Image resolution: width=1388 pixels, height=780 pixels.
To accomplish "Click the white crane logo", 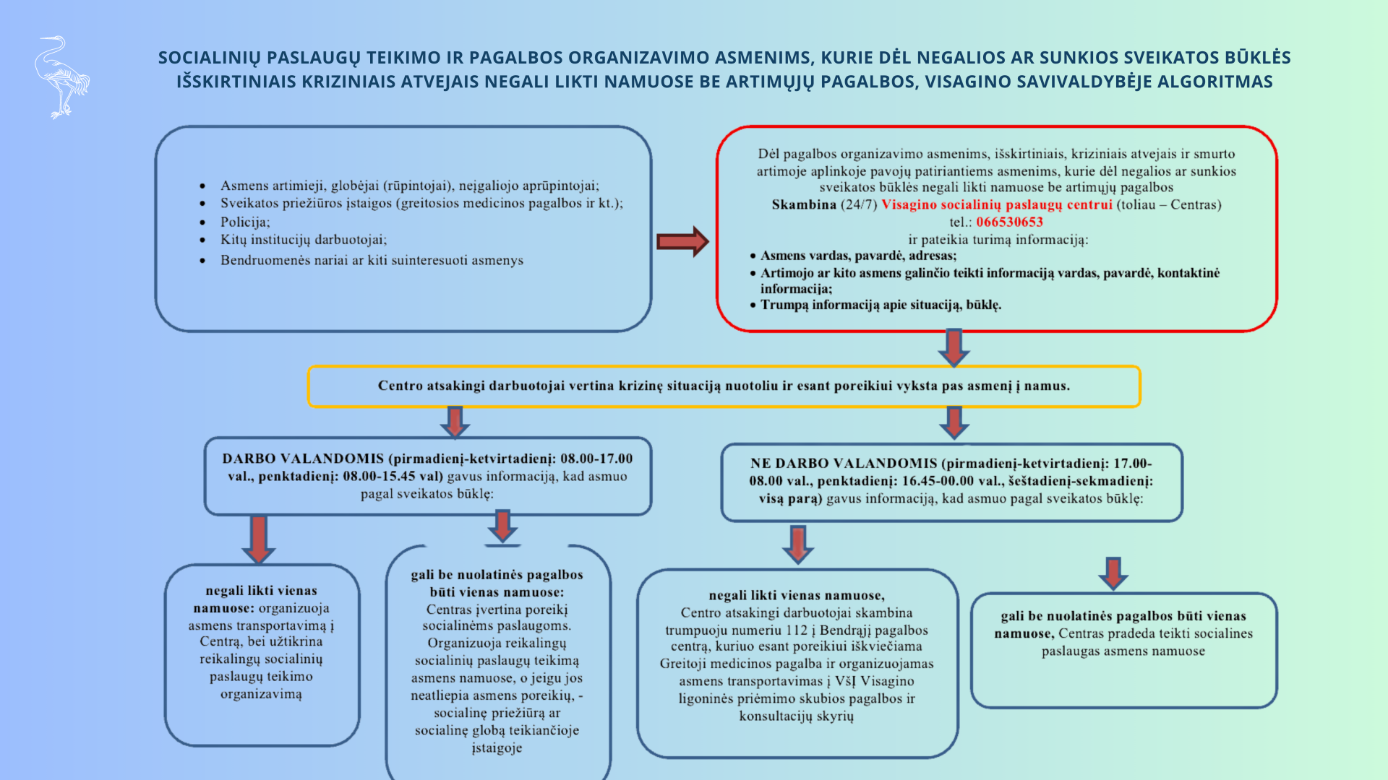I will (61, 77).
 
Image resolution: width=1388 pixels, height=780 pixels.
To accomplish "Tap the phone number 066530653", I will (1009, 222).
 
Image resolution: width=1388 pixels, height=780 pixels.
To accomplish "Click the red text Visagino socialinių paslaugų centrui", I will (996, 204).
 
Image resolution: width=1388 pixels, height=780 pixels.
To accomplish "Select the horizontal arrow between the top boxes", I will (682, 241).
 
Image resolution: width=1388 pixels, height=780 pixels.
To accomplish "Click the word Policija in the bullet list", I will (244, 222).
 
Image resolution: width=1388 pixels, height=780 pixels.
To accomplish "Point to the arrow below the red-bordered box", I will (954, 347).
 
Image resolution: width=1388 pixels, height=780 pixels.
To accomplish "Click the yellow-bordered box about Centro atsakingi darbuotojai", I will (724, 386).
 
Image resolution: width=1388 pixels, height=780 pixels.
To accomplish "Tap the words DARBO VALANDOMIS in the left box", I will (303, 459).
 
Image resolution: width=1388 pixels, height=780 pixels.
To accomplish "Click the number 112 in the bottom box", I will (797, 630).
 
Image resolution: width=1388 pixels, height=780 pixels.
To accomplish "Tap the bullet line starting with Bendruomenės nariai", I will (372, 260).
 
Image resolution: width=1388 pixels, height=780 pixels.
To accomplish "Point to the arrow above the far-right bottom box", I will (1113, 573).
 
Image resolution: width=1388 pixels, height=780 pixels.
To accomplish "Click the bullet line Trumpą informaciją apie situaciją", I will (880, 305).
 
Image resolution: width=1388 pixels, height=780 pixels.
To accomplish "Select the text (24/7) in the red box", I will (859, 204).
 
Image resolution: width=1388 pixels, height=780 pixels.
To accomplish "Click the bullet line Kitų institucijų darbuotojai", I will (304, 240).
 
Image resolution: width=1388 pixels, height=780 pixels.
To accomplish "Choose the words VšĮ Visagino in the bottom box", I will (874, 681).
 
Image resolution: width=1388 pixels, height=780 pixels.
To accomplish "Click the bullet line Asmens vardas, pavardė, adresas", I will (858, 256).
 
